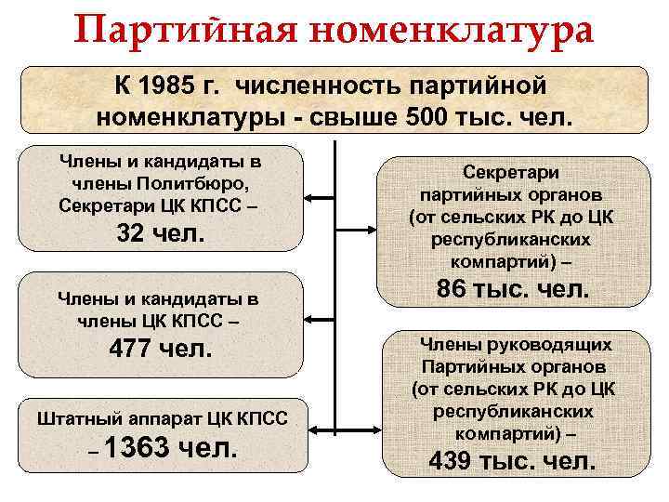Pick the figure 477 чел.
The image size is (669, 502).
161,350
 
